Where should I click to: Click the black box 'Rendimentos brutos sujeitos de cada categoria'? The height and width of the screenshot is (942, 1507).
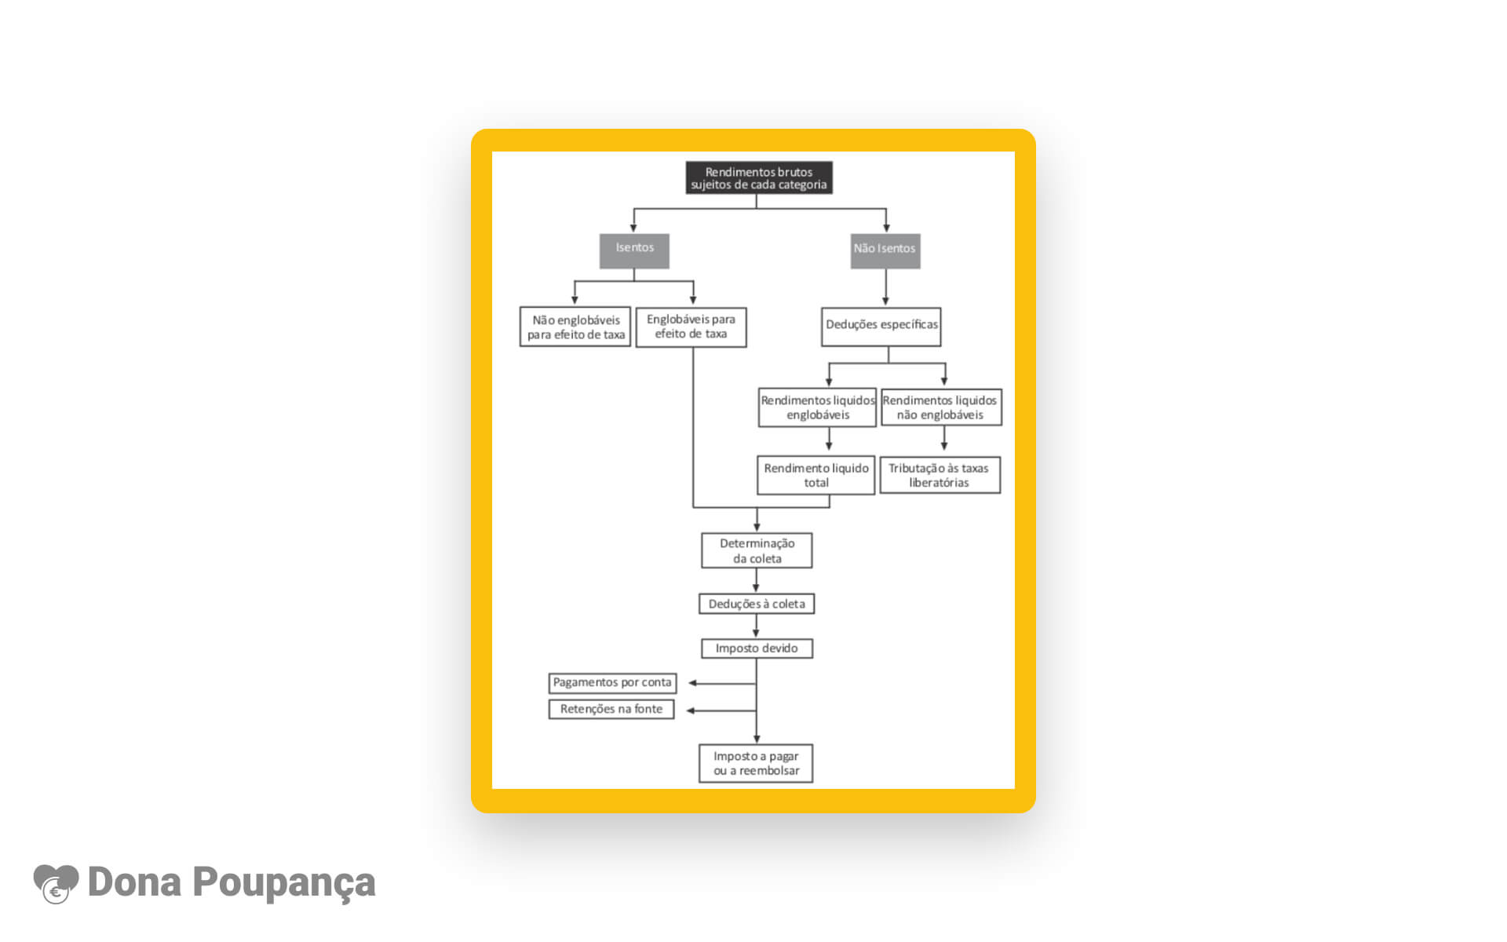[x=759, y=178]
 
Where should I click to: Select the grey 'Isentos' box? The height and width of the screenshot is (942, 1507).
[x=634, y=251]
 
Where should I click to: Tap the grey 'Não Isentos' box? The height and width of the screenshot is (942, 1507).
[x=885, y=251]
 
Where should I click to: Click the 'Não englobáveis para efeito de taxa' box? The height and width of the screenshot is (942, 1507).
[x=575, y=327]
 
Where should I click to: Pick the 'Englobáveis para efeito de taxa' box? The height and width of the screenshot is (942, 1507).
[x=691, y=327]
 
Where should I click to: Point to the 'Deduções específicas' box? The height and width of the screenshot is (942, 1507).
[x=881, y=327]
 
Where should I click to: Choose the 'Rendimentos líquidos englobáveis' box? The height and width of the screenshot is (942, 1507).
[x=817, y=407]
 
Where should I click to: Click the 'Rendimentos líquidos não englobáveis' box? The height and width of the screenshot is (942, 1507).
[x=941, y=407]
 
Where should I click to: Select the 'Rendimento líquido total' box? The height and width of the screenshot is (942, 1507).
[x=816, y=475]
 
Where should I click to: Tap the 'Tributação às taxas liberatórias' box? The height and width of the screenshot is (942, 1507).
[x=940, y=475]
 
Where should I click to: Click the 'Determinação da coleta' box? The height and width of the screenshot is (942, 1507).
[x=757, y=550]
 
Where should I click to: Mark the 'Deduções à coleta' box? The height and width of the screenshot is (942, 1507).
[x=757, y=604]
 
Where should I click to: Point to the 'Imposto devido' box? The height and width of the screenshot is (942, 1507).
[x=757, y=648]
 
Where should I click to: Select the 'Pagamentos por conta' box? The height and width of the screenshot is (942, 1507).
[x=612, y=683]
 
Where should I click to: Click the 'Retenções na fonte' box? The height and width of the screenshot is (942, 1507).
[x=611, y=709]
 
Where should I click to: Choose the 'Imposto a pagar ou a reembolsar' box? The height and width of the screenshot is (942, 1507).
[x=756, y=763]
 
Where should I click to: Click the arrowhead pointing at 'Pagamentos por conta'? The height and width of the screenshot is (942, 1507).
[x=693, y=683]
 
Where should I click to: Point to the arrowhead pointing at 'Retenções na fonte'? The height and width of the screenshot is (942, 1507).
[x=691, y=710]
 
